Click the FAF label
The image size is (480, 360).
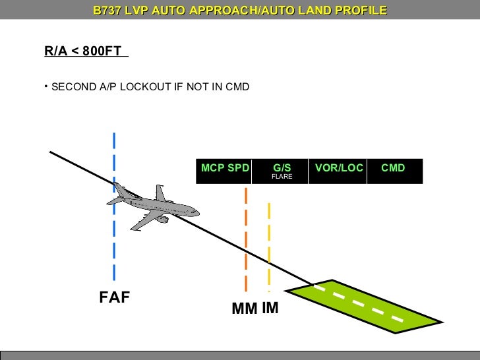click(x=115, y=297)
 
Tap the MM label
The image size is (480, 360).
click(x=244, y=309)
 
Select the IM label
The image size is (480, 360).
click(x=270, y=307)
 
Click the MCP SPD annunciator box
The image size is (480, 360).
click(x=225, y=171)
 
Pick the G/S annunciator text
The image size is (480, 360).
click(x=282, y=167)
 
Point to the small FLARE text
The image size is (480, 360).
click(x=282, y=177)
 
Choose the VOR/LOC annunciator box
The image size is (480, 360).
click(x=339, y=171)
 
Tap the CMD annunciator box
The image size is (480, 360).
click(x=394, y=171)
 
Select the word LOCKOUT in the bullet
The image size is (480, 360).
click(x=145, y=86)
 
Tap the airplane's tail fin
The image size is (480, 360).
click(x=160, y=193)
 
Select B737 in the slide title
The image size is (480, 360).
click(x=108, y=11)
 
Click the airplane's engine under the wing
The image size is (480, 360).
click(x=161, y=219)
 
